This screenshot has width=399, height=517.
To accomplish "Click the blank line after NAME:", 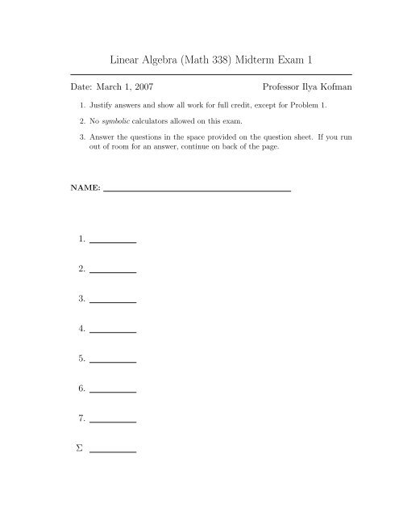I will point(197,190).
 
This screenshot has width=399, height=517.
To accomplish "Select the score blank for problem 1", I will point(113,242).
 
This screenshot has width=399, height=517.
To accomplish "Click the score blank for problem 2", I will point(113,271).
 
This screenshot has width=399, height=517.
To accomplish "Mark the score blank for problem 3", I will point(113,301).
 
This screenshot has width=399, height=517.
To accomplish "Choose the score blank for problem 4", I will point(113,331).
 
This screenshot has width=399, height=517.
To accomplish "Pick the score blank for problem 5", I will point(113,361).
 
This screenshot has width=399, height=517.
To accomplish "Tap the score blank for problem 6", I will point(113,391).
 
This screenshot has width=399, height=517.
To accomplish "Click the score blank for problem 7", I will point(113,421).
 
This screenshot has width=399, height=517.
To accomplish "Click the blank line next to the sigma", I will point(113,451).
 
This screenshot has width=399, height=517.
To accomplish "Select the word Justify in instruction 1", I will point(102,105).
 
